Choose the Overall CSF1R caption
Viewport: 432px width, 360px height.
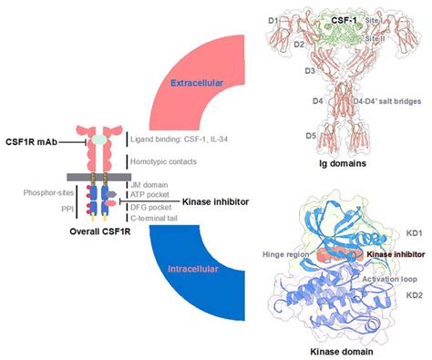(x=84, y=232)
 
